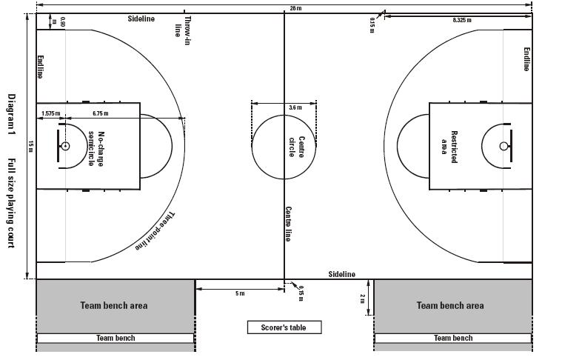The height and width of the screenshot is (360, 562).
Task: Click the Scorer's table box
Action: [284, 327]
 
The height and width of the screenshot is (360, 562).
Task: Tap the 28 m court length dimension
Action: [295, 8]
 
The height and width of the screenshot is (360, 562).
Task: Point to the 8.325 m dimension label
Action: [462, 21]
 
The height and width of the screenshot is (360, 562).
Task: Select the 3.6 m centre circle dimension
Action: [295, 107]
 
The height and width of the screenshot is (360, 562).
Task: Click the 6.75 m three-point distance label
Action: [101, 113]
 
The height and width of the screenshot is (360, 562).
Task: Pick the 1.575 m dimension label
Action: [51, 113]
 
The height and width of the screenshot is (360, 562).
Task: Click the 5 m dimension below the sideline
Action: [240, 293]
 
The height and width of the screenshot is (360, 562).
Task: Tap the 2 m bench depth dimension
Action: [362, 299]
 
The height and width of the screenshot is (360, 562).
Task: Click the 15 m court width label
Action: [31, 146]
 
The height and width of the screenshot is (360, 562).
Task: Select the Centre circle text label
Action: [297, 147]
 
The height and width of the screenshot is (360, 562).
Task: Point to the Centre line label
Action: [288, 224]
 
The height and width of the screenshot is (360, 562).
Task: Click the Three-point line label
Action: [155, 231]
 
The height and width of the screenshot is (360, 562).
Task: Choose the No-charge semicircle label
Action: [96, 149]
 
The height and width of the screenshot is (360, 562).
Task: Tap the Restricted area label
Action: [449, 147]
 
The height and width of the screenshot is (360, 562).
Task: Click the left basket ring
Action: [65, 146]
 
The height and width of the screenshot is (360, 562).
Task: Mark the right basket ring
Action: [504, 146]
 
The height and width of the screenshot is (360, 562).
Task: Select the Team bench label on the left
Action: [116, 338]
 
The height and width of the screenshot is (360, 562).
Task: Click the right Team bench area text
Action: [450, 305]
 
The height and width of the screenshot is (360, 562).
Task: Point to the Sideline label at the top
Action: [141, 19]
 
